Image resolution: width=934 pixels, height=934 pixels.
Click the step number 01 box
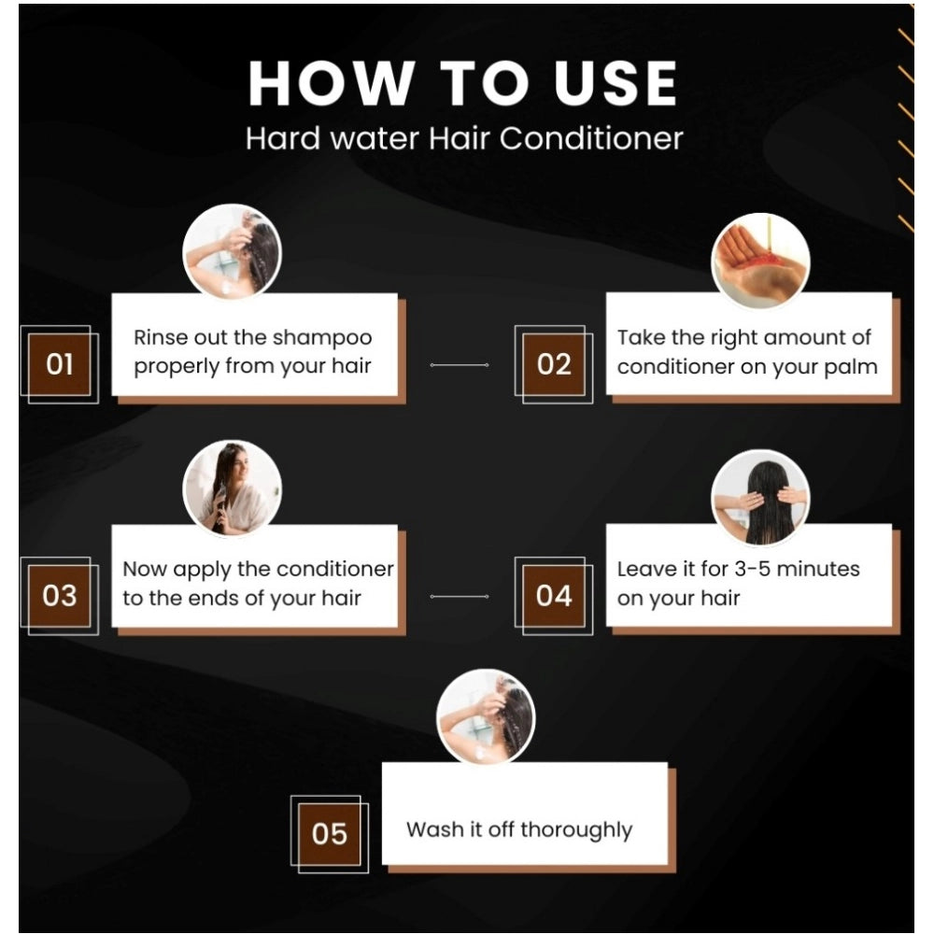coord(60,364)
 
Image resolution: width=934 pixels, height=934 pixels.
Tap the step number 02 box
coord(554,364)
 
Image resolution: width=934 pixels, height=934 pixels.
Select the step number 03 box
coord(60,596)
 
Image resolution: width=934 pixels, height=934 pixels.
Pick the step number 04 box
coord(554,596)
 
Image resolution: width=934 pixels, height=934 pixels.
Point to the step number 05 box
coord(330,834)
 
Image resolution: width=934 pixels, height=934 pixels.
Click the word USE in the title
coord(616,83)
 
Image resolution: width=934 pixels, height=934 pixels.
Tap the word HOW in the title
coord(332,83)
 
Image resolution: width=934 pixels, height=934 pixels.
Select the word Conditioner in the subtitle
coord(591,139)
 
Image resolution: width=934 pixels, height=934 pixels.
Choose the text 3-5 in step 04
coord(752,569)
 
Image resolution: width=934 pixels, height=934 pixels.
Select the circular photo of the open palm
coord(760,261)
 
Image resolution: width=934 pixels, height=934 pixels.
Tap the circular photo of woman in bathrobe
coord(233,488)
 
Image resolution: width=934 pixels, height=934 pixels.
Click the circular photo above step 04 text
coord(760,498)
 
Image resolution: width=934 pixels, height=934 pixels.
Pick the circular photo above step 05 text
coord(486,717)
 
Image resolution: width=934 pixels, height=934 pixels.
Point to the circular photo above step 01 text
coord(233,251)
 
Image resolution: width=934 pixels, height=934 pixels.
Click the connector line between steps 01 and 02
coord(460,364)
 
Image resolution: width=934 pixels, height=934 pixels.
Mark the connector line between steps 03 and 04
coord(460,596)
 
